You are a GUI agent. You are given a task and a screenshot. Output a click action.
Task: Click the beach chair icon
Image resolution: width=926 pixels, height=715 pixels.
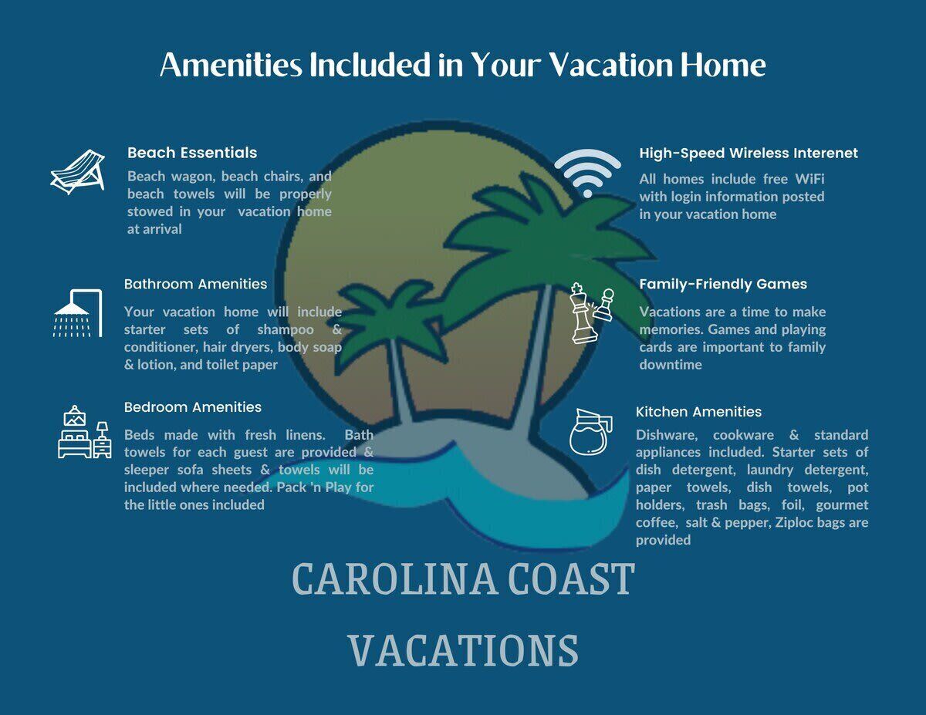click(x=78, y=172)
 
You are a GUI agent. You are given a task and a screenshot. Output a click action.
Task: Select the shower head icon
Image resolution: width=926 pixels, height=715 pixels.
click(x=78, y=313)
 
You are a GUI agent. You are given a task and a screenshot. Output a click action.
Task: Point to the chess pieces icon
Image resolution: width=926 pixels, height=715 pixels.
click(x=593, y=313)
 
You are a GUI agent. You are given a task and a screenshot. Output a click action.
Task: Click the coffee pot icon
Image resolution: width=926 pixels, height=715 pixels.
click(x=591, y=432)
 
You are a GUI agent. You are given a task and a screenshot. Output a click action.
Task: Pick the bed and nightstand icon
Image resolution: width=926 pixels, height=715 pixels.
click(x=84, y=432)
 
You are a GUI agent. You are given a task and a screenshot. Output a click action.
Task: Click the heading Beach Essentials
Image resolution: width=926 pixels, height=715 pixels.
click(x=192, y=153)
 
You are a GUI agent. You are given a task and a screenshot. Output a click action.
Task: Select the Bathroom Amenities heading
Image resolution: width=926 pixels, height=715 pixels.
click(x=195, y=284)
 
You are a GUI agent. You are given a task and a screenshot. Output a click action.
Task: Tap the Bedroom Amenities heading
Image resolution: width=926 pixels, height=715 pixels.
click(x=193, y=407)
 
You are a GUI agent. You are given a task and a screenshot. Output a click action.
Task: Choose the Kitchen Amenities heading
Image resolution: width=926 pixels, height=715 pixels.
click(x=699, y=412)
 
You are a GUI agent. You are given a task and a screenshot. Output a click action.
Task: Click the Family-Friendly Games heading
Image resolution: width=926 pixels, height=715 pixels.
click(x=723, y=284)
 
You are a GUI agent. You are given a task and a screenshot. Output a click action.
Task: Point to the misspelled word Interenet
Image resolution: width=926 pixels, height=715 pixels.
click(x=826, y=153)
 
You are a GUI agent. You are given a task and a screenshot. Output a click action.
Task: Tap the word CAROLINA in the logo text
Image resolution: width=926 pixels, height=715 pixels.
click(x=395, y=579)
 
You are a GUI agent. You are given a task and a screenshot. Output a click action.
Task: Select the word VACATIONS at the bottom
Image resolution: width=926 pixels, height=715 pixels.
click(x=463, y=650)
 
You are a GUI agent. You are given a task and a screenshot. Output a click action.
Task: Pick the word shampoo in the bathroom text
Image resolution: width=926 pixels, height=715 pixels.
click(x=286, y=330)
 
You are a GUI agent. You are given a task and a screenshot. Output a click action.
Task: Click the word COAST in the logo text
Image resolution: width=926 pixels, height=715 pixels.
click(x=572, y=579)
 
